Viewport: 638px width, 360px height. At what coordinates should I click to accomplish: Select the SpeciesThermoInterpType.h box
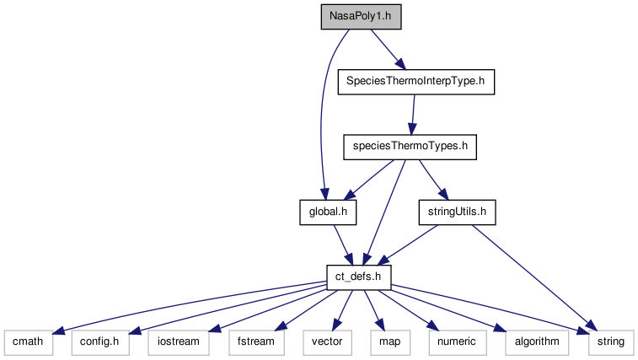click(415, 83)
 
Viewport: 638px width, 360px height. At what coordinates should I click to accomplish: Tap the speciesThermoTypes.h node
click(410, 147)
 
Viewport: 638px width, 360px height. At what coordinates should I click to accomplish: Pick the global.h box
click(328, 212)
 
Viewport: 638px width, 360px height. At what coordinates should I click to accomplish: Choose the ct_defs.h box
click(358, 276)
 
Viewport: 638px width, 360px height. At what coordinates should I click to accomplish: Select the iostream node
click(178, 341)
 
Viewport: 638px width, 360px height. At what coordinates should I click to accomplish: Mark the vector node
click(326, 341)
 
